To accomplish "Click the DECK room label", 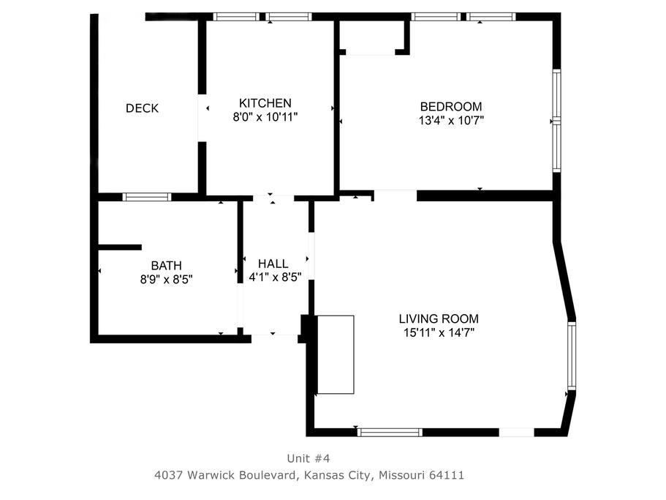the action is click(x=142, y=108).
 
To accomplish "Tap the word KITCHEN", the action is click(x=265, y=103).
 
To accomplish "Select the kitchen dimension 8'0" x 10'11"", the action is click(x=265, y=117).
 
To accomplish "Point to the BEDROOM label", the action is click(x=451, y=106).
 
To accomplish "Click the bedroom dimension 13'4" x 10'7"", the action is click(x=451, y=120).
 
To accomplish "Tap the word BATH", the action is click(x=167, y=266).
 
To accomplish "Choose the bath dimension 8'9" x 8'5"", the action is click(x=167, y=280).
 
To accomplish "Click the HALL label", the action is click(x=273, y=264).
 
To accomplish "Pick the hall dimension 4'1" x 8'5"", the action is click(x=275, y=277).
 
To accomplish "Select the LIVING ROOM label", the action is click(x=439, y=318).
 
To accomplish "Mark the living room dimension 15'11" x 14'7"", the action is click(x=439, y=332).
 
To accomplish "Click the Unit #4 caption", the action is click(x=309, y=458).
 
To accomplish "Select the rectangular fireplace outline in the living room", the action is click(x=336, y=354).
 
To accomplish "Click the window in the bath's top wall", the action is click(x=147, y=197).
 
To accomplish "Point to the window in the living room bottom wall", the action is click(x=390, y=433).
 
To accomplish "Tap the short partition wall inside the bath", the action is click(x=120, y=247).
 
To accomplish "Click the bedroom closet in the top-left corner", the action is click(x=374, y=37).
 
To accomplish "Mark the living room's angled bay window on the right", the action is click(x=572, y=356).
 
